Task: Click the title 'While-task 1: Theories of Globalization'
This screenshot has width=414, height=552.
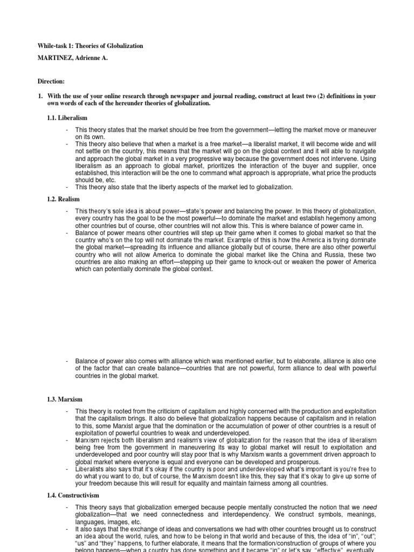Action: (x=90, y=46)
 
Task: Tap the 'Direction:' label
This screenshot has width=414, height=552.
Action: (x=51, y=81)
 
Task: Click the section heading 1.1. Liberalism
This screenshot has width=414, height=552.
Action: (x=67, y=118)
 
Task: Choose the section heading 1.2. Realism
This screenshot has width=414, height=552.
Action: (x=64, y=199)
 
